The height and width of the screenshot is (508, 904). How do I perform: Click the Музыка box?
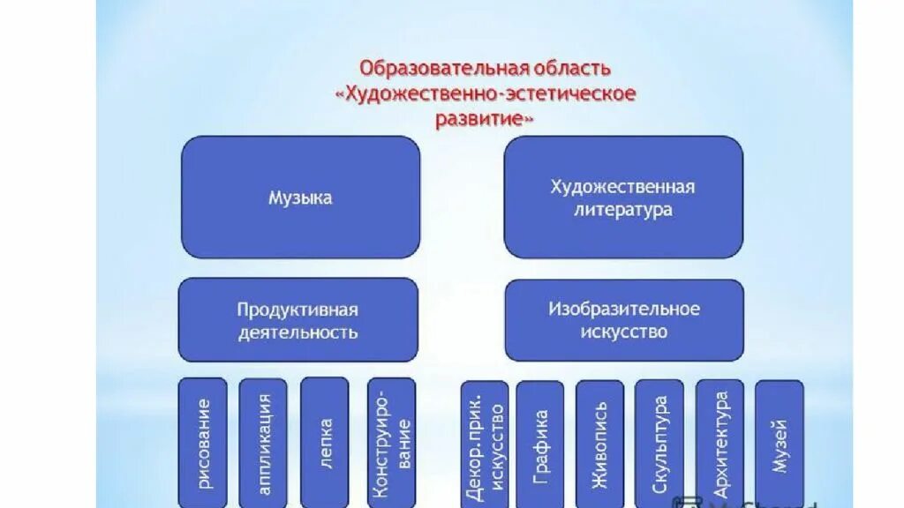(300, 198)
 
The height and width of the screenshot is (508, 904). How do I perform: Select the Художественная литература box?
(622, 198)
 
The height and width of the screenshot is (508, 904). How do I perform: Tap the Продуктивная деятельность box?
(298, 320)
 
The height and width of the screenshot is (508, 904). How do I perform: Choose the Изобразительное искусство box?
(624, 320)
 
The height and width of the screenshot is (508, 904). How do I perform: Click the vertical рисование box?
(204, 444)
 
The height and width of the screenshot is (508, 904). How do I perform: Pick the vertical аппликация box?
(264, 444)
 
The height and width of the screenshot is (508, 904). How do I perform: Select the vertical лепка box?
(325, 444)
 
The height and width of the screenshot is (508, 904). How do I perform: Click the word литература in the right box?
(622, 210)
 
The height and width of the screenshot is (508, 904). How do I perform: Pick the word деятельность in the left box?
(298, 332)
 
